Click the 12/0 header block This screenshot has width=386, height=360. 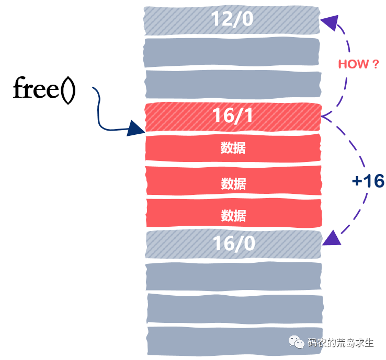pyautogui.click(x=232, y=20)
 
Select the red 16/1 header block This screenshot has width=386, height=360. pyautogui.click(x=233, y=117)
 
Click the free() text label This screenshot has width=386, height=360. pyautogui.click(x=44, y=89)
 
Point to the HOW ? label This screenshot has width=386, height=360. pyautogui.click(x=358, y=64)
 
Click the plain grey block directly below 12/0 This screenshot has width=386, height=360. pyautogui.click(x=232, y=51)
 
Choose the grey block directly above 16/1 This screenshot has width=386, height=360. pyautogui.click(x=233, y=84)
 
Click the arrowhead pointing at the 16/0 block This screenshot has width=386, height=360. pyautogui.click(x=332, y=239)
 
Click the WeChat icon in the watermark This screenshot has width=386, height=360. pyautogui.click(x=298, y=343)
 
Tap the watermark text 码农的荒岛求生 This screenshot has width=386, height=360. pyautogui.click(x=340, y=343)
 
